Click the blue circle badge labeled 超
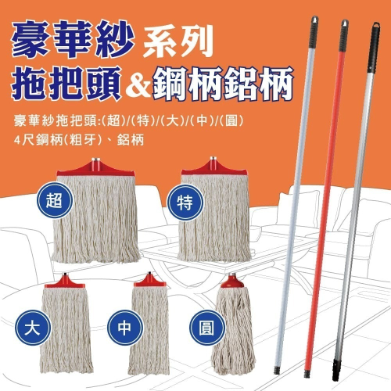[54, 200]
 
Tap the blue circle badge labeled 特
[185, 203]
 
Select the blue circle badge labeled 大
[33, 328]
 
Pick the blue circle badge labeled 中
[125, 328]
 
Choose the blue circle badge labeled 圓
[207, 328]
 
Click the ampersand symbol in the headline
[138, 84]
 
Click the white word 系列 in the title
[178, 41]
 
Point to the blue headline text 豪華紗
[74, 41]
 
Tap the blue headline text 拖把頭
[66, 83]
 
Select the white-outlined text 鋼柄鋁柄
[223, 83]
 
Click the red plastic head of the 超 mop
[95, 167]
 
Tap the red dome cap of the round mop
[232, 281]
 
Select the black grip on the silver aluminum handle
[374, 48]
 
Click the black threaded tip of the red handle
[307, 374]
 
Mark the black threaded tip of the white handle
[277, 370]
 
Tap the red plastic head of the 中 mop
[149, 280]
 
